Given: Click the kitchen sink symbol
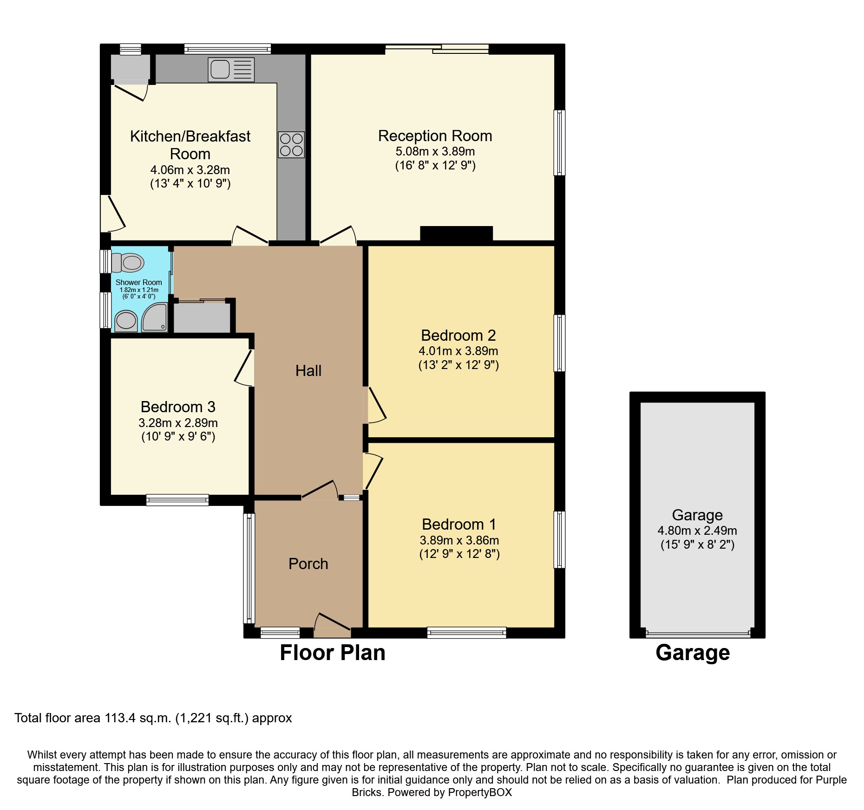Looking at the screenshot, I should [x=231, y=70].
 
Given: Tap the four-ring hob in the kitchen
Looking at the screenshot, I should [x=291, y=144].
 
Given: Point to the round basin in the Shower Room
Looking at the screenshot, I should [x=125, y=321].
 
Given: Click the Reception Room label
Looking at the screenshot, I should [x=435, y=136].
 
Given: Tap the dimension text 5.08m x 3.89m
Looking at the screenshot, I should [x=435, y=151].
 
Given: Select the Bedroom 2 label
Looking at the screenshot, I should [x=458, y=335].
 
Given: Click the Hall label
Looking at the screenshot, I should [x=308, y=370].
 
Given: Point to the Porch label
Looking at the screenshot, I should [x=308, y=564].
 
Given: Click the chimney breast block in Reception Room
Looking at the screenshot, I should [x=456, y=233].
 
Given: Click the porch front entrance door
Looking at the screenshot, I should [x=333, y=624].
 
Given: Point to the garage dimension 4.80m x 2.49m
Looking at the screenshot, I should [x=697, y=531].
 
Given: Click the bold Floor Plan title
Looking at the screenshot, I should [x=332, y=653].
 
